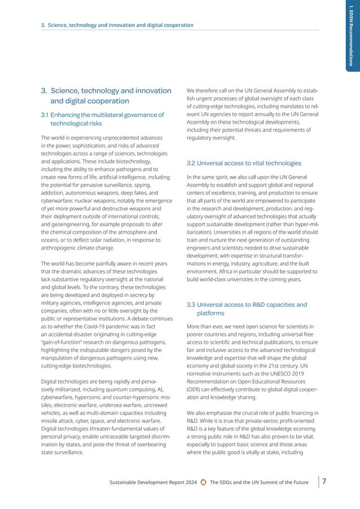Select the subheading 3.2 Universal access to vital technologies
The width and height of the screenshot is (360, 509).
click(x=244, y=163)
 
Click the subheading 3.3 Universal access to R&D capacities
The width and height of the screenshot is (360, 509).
click(x=247, y=309)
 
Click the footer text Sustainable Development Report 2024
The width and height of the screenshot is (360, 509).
click(x=152, y=482)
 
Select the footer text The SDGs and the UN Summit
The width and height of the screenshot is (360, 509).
click(x=259, y=482)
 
